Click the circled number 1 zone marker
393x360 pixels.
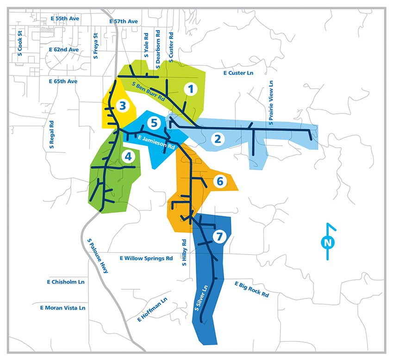tap(190, 89)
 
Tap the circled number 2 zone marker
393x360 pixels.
tap(217, 138)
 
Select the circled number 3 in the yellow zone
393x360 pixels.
tap(122, 106)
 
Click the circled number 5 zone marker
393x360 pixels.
tap(155, 123)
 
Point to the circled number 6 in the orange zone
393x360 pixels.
tap(219, 181)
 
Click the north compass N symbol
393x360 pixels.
tap(328, 242)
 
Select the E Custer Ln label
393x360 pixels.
tap(238, 73)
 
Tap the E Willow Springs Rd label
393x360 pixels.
tap(146, 258)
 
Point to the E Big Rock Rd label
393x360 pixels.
tap(252, 289)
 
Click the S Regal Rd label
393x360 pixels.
tap(52, 135)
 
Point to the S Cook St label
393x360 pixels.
tap(19, 42)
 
